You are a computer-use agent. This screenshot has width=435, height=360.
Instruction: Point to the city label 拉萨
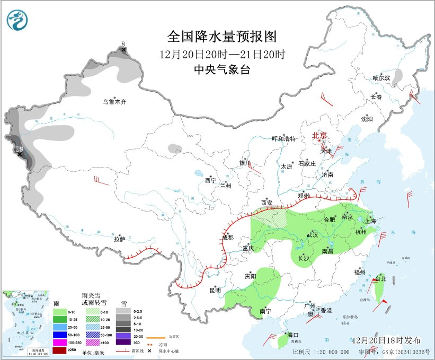(119, 239)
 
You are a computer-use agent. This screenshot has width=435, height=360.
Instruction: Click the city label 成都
(227, 238)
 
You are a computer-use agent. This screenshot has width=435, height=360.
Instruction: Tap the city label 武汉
(312, 234)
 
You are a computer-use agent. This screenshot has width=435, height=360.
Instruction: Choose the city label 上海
(369, 221)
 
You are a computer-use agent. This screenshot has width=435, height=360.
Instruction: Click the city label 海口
(292, 335)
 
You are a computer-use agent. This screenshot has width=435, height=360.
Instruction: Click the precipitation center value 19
(19, 148)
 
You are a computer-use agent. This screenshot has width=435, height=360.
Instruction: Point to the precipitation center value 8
(123, 44)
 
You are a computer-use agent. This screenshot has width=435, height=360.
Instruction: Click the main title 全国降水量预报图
(222, 37)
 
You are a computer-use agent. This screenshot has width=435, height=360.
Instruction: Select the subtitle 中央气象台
(222, 69)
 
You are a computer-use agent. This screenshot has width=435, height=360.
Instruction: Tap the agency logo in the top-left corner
(18, 20)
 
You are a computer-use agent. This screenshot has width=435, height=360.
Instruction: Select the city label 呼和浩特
(283, 138)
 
